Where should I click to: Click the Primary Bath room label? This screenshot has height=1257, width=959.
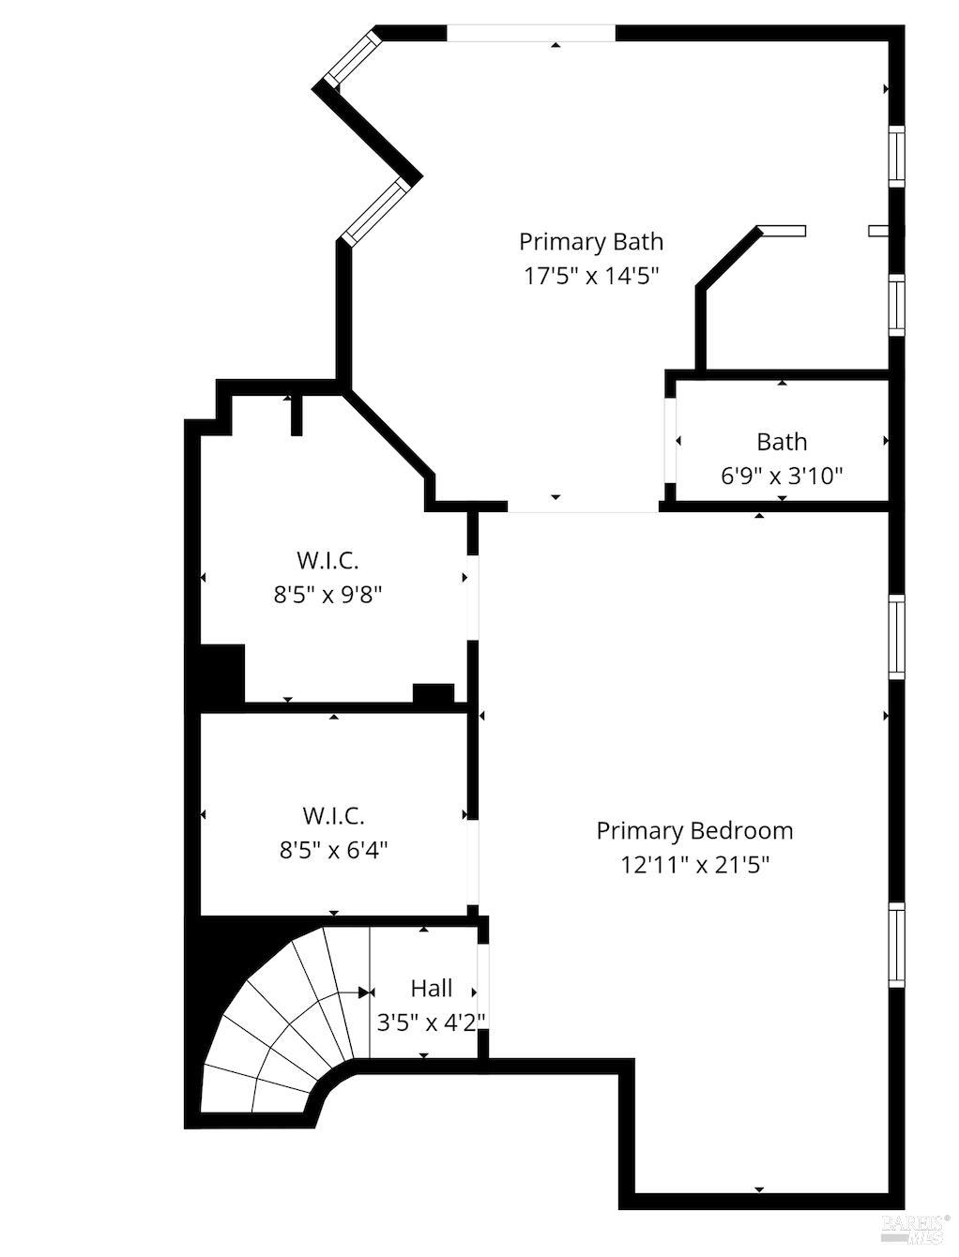pyautogui.click(x=590, y=242)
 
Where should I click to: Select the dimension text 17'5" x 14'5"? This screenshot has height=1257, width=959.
pyautogui.click(x=590, y=276)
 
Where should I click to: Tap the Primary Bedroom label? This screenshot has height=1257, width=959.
pyautogui.click(x=694, y=830)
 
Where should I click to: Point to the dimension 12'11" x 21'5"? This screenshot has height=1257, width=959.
pyautogui.click(x=694, y=864)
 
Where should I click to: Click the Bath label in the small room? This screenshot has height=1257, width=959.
pyautogui.click(x=782, y=441)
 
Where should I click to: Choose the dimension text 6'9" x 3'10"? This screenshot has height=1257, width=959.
pyautogui.click(x=782, y=476)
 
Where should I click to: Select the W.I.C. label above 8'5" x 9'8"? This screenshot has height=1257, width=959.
pyautogui.click(x=327, y=560)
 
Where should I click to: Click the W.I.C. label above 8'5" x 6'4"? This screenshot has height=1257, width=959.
pyautogui.click(x=333, y=815)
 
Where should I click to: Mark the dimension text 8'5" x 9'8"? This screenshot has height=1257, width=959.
pyautogui.click(x=327, y=595)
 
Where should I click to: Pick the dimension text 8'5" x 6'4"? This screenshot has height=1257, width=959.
pyautogui.click(x=333, y=850)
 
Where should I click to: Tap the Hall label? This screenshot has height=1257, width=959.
pyautogui.click(x=431, y=988)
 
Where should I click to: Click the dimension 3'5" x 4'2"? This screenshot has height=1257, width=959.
pyautogui.click(x=431, y=1022)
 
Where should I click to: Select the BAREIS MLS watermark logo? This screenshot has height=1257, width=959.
pyautogui.click(x=915, y=1223)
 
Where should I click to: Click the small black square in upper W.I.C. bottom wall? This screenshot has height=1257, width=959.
pyautogui.click(x=433, y=694)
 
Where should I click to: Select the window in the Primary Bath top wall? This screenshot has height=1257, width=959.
pyautogui.click(x=530, y=34)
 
